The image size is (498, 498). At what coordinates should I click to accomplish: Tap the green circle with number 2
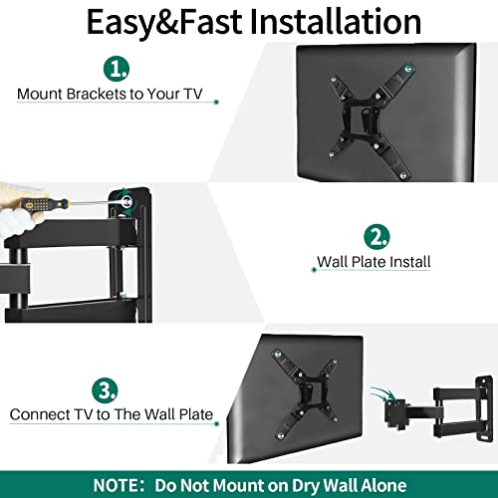coord(375,238)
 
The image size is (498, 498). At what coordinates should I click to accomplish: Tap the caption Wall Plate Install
coord(373,263)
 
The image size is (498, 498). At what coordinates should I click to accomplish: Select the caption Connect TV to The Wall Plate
coord(111,413)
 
